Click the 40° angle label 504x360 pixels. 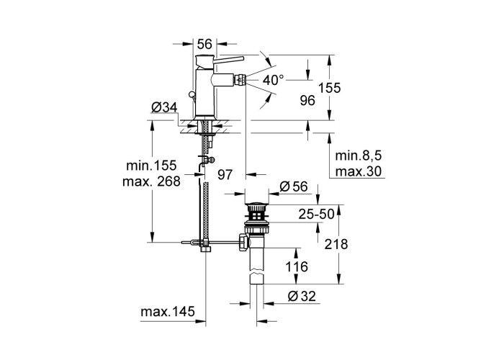274,80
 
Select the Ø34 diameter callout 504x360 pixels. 164,108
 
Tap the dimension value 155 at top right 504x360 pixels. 329,87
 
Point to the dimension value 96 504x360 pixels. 307,101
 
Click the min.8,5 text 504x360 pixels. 358,156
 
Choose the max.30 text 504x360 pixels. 359,171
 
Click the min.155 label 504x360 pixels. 151,166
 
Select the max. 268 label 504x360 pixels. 151,181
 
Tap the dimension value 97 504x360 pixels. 225,174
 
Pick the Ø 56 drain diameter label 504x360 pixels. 294,186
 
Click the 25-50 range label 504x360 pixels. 316,214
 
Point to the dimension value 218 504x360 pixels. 336,244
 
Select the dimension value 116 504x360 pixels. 297,267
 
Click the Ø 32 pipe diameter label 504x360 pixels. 302,296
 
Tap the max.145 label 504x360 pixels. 168,312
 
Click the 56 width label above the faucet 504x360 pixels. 204,44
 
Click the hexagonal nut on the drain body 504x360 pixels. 243,243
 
